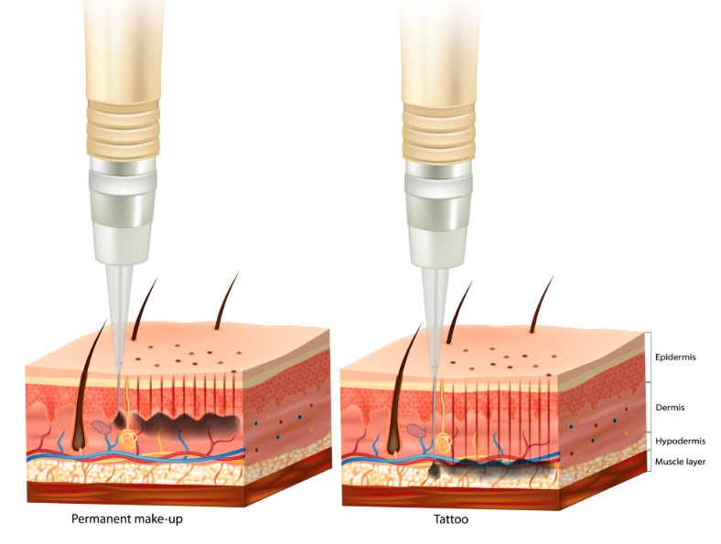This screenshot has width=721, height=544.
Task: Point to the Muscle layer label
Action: tap(681, 462)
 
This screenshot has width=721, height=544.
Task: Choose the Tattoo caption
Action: tap(450, 520)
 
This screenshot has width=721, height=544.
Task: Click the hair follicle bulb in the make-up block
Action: tap(78, 442)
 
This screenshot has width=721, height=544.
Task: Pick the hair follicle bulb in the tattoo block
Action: tap(394, 443)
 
